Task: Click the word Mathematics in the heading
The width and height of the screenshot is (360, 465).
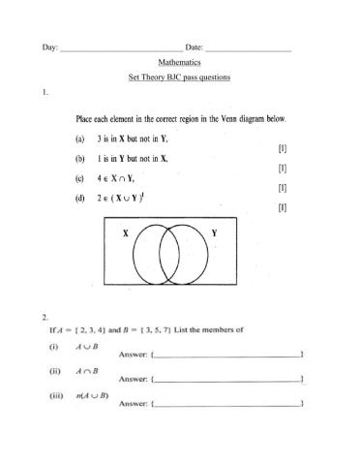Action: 179,61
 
